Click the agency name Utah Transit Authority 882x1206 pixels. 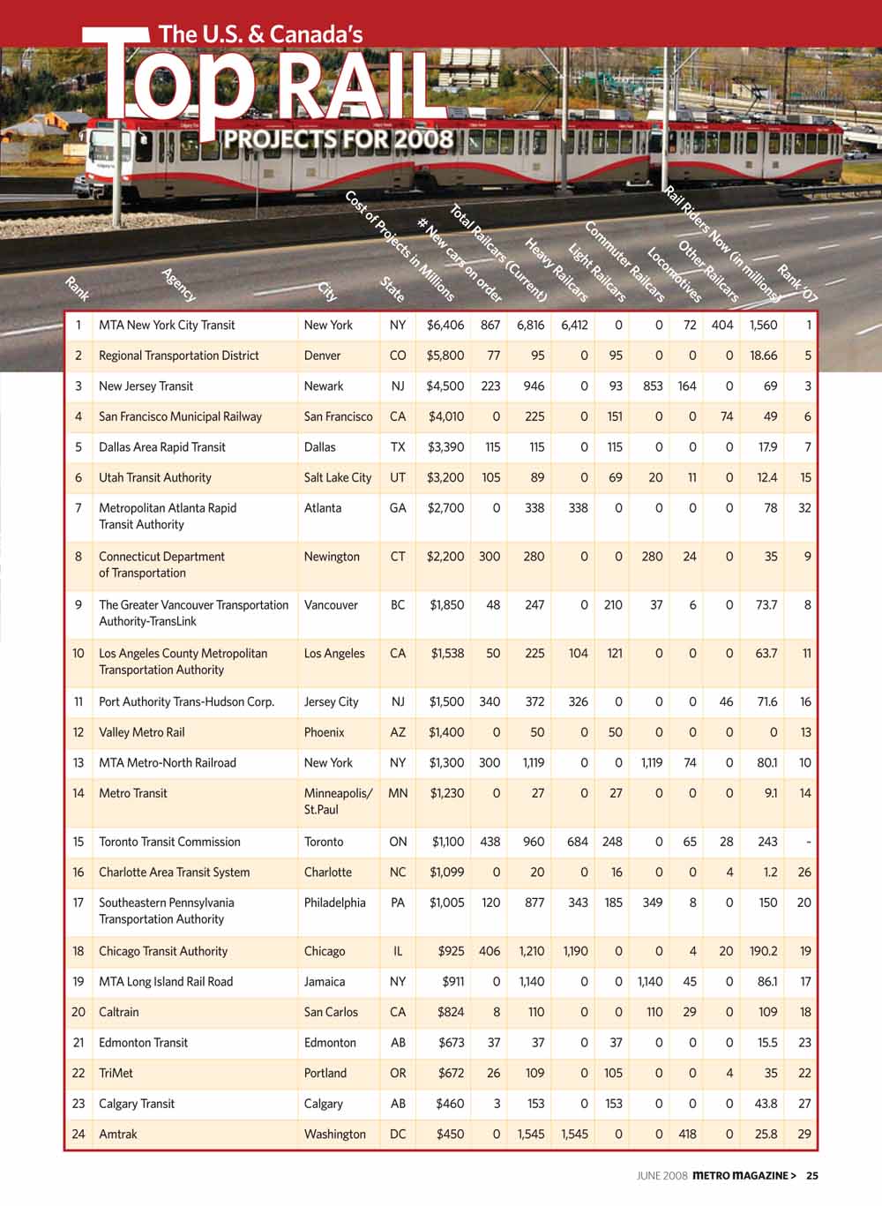[x=155, y=477]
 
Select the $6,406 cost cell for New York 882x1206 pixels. [x=445, y=325]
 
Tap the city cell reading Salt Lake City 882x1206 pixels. [x=338, y=477]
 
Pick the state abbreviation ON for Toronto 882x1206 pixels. [x=398, y=842]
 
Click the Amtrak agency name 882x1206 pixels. [x=118, y=1134]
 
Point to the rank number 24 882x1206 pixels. [x=78, y=1134]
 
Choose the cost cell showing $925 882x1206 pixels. [x=451, y=951]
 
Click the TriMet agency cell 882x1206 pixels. [x=116, y=1073]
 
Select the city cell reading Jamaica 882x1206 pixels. [x=325, y=981]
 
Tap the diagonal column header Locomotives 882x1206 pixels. [x=675, y=274]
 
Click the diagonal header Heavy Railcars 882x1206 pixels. [x=557, y=270]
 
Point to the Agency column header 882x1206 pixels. [x=178, y=284]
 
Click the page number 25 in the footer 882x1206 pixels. [x=812, y=1175]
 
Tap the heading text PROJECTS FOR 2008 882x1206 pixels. [x=339, y=139]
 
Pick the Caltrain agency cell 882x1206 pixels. [x=119, y=1012]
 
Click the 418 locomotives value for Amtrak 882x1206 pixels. [x=687, y=1134]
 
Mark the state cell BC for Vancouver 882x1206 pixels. [x=398, y=605]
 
